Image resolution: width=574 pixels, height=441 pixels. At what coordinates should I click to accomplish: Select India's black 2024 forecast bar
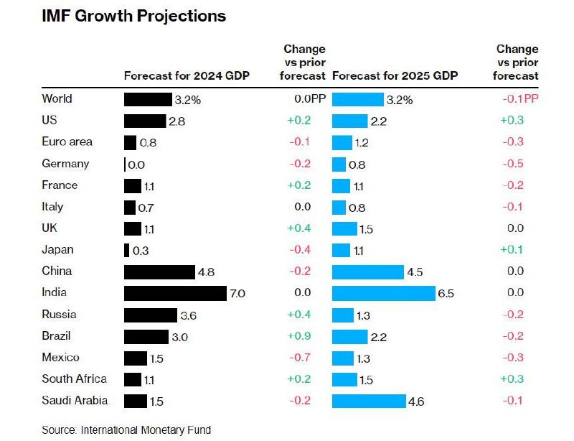pos(175,293)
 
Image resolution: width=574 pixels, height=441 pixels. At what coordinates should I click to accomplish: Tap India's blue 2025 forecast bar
pos(384,293)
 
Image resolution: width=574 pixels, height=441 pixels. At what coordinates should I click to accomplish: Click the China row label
pos(57,271)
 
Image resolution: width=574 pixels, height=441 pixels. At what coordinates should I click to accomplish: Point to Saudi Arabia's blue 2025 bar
pos(368,401)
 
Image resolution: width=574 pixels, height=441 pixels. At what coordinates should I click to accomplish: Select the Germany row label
pos(65,164)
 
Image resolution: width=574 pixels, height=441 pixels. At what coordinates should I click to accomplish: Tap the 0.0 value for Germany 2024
pos(136,164)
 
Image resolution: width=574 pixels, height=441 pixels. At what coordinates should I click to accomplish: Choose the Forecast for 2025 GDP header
pos(395,76)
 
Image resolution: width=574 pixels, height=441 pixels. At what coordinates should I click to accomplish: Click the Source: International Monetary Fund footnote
pos(126,430)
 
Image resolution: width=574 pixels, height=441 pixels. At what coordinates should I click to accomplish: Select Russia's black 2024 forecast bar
pos(150,315)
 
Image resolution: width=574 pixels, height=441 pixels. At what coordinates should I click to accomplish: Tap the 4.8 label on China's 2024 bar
pos(207,272)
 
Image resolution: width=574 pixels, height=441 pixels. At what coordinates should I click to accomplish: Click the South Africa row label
pos(75,379)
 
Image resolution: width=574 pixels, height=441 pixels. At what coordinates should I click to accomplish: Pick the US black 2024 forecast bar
pos(144,121)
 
